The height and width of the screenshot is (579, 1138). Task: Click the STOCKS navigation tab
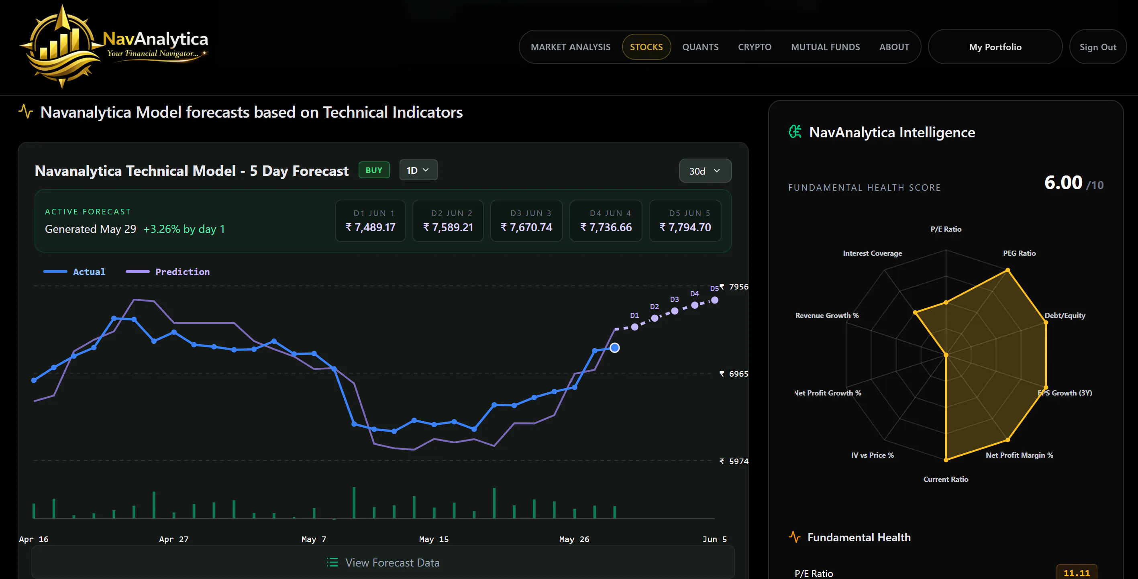646,47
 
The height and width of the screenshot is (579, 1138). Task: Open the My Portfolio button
995,47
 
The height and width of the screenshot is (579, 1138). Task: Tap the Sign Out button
1098,47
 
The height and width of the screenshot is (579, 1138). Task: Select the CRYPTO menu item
755,47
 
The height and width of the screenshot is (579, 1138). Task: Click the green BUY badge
374,170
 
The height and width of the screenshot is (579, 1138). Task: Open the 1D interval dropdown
418,170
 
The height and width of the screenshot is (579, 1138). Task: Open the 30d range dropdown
705,171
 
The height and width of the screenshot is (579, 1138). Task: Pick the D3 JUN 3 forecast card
526,221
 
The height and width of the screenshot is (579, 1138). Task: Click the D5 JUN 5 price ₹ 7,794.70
685,227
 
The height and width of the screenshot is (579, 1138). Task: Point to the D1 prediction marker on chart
634,327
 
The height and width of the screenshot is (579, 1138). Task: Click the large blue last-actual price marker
614,348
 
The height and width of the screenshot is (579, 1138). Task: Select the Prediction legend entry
168,271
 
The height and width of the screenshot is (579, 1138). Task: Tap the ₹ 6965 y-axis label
734,374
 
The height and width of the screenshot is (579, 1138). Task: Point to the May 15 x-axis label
434,539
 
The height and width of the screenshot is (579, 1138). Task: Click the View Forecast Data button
383,562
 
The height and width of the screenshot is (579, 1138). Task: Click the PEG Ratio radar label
1019,253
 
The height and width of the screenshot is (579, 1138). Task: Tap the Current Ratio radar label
945,479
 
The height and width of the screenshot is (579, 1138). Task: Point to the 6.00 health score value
1063,182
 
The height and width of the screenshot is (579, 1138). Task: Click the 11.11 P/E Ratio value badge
1077,573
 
